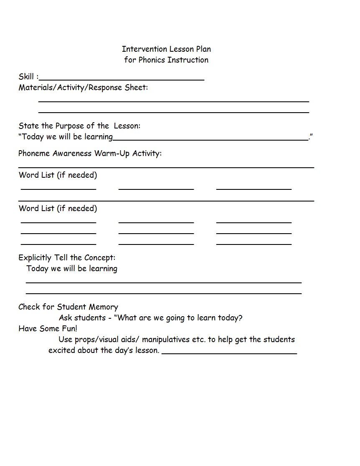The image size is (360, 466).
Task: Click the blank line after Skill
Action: tap(121, 78)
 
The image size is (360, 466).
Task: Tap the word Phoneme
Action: tap(34, 154)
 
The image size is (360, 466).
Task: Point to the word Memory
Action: tap(104, 307)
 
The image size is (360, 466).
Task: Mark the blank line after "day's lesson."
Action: tap(229, 353)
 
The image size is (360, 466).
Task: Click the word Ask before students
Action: tap(65, 318)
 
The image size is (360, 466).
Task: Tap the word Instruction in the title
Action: tap(189, 60)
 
